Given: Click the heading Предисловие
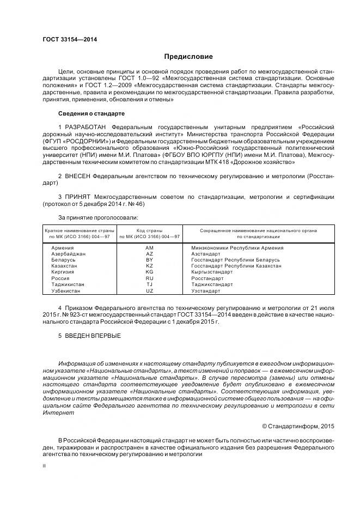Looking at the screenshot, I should [189, 57].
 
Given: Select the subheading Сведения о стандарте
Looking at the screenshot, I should [91, 113].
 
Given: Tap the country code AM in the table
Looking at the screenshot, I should [150, 248].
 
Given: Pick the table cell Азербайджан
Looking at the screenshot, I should [68, 254].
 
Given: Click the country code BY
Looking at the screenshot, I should [150, 260].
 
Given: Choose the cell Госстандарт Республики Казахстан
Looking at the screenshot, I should [236, 266].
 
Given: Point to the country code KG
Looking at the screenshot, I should [150, 272].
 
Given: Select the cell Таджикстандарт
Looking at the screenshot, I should [212, 284].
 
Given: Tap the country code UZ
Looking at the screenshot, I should [150, 290].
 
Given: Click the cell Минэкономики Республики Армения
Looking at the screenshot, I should [237, 248].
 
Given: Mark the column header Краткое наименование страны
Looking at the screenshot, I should [80, 230].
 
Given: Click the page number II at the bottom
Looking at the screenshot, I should [45, 466].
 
